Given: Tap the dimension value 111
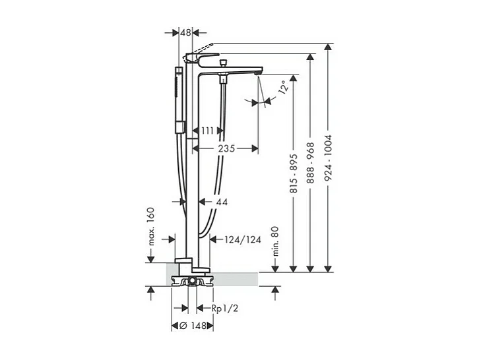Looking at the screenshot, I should pos(208,131).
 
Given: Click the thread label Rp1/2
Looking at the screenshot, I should pos(224,308).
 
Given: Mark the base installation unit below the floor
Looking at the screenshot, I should pos(191,282).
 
